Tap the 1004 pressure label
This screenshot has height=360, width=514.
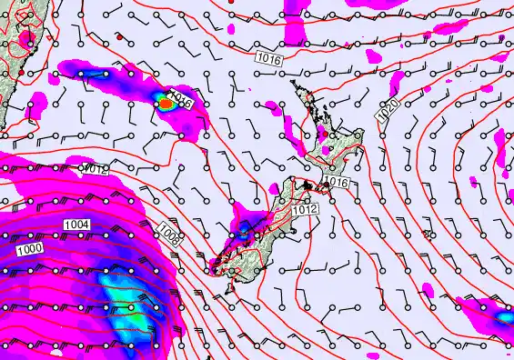coord(76,224)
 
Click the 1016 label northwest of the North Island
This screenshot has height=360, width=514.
coord(269,57)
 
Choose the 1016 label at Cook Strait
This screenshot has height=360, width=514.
coord(338,183)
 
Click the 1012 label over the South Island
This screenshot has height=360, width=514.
coord(305,210)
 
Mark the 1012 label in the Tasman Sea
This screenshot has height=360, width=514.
coord(96,168)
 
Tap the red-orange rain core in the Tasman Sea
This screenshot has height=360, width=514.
coord(166,104)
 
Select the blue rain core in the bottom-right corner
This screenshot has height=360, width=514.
coord(503,318)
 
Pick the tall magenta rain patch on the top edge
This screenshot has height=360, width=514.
coord(295,23)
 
